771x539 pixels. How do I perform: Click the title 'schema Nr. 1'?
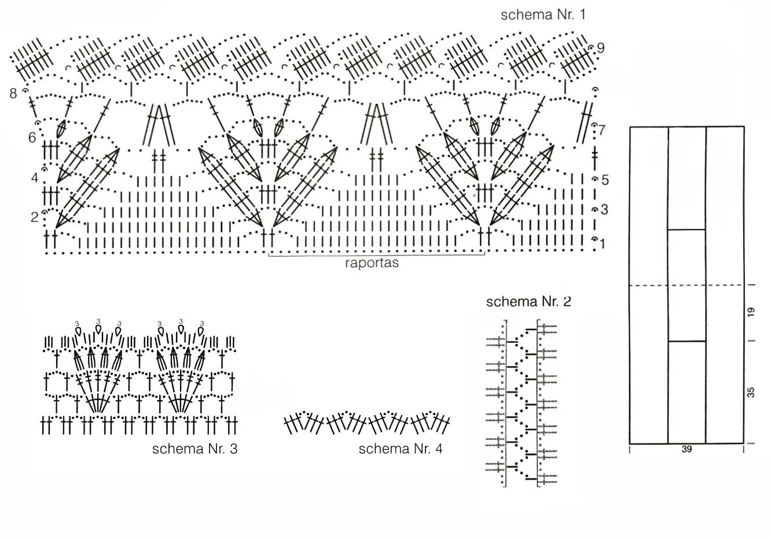(543, 14)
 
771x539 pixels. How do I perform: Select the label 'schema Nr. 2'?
(528, 302)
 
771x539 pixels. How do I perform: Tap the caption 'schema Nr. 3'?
(194, 449)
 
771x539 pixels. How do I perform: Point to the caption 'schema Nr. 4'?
(401, 449)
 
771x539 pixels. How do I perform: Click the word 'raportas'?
(372, 263)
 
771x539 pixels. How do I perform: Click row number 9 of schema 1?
(601, 48)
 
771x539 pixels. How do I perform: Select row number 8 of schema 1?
(13, 93)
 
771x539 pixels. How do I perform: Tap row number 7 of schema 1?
(602, 130)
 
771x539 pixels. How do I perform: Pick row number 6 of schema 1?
(32, 138)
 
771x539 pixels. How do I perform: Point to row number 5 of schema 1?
(605, 180)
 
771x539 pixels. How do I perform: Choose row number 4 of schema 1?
(34, 177)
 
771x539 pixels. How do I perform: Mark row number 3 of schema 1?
(604, 210)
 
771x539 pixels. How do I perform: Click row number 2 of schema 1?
(34, 217)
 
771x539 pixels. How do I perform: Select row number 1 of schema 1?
(603, 244)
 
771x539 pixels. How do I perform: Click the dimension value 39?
(686, 449)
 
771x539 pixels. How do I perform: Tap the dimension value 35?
(751, 393)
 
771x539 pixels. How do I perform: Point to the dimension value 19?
(751, 312)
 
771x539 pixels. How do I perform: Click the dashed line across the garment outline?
(648, 285)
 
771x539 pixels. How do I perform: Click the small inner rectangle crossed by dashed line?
(686, 285)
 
